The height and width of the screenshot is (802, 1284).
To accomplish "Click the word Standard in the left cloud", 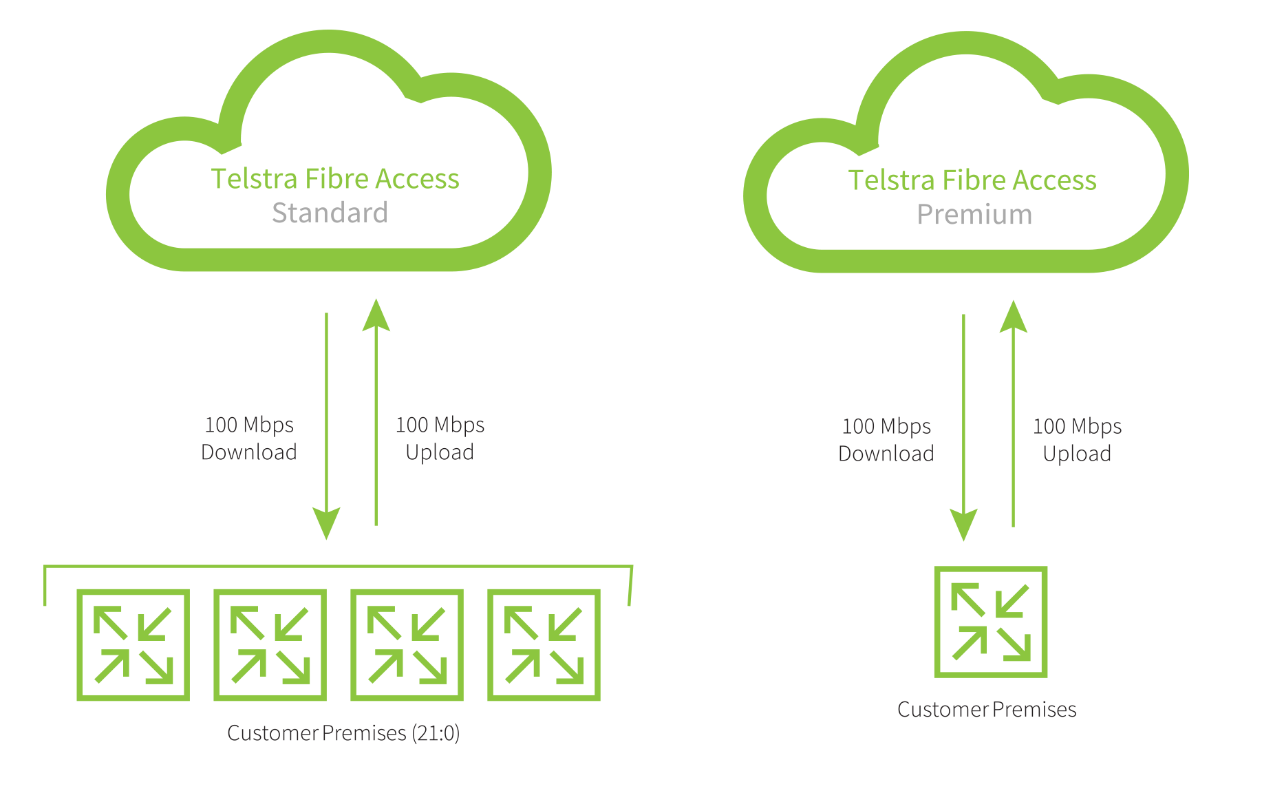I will point(330,213).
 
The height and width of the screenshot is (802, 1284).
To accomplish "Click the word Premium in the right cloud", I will point(974,215).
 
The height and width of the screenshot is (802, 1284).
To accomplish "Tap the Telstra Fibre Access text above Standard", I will point(335,179).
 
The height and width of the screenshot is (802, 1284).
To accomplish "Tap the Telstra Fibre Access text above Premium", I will point(972,180).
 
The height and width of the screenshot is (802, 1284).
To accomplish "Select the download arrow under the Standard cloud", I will point(326,427).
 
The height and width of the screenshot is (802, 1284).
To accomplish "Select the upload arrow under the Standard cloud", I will point(376,413).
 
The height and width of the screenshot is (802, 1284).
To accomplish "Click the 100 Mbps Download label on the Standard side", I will point(249,439).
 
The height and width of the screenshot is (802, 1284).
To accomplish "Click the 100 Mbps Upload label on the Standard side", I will point(440,439).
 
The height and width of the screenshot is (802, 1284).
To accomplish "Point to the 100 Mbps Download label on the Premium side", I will point(886,440).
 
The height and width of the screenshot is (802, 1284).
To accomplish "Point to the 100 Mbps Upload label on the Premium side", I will point(1077,440).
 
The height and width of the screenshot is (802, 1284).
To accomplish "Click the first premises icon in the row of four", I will point(133,645).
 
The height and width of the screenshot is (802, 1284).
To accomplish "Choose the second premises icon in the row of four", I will point(270,645).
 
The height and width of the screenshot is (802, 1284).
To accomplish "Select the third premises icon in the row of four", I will point(407,645).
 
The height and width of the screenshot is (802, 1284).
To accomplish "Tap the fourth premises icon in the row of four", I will point(544,645).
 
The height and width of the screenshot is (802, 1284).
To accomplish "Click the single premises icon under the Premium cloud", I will point(990,622).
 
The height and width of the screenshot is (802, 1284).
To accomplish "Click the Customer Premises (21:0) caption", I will point(343,733).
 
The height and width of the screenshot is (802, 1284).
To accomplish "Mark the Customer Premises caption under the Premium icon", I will point(987,710).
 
